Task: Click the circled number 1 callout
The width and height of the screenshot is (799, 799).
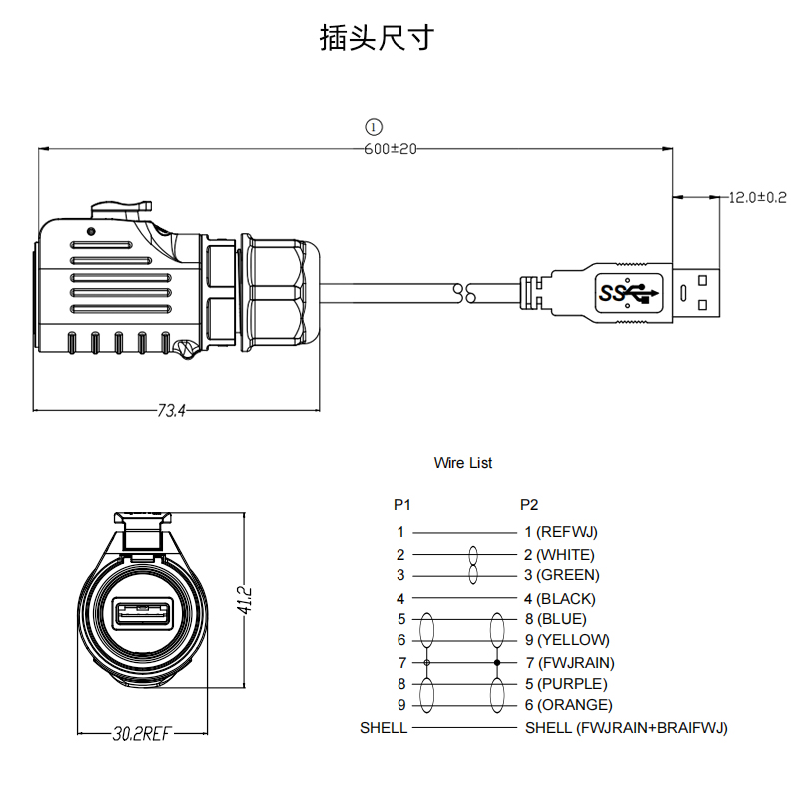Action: coord(374,127)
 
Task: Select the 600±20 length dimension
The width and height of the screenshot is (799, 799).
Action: coord(390,149)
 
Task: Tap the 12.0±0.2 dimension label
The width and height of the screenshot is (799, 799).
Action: coord(757,197)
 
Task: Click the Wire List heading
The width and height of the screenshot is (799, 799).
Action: coord(463,463)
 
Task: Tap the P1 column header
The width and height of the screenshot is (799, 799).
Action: coord(401,504)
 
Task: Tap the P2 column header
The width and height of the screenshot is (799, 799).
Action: coord(529,504)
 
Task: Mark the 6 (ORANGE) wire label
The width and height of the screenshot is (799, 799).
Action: coord(568,705)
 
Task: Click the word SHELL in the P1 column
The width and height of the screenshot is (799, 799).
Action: coord(384,728)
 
